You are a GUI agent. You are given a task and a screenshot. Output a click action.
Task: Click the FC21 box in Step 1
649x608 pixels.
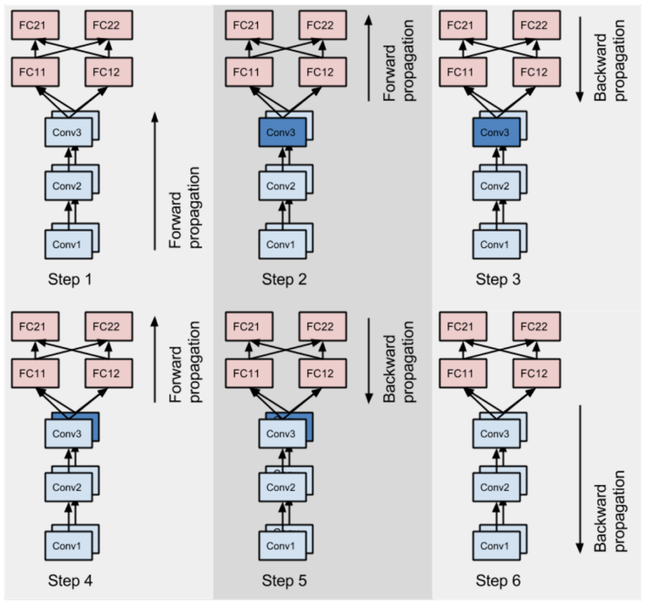click(36, 25)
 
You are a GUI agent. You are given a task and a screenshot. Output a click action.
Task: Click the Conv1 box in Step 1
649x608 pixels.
click(68, 244)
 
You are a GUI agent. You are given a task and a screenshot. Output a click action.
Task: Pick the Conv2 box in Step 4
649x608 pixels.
click(68, 487)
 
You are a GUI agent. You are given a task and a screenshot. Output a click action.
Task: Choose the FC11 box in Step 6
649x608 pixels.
click(462, 373)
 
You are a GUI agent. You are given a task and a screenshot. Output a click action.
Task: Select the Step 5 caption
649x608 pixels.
click(285, 581)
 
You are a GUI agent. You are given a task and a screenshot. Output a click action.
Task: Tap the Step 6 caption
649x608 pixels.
click(498, 581)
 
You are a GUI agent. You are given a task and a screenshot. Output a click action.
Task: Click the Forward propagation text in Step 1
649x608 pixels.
click(185, 207)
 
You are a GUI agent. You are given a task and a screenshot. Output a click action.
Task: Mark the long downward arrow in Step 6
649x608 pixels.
click(579, 479)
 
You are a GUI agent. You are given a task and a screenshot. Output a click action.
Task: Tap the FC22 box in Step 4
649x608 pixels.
click(108, 326)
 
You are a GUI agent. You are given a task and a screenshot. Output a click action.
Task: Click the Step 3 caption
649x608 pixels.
click(498, 279)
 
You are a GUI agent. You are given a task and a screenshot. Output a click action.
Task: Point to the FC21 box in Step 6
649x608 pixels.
click(462, 326)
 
